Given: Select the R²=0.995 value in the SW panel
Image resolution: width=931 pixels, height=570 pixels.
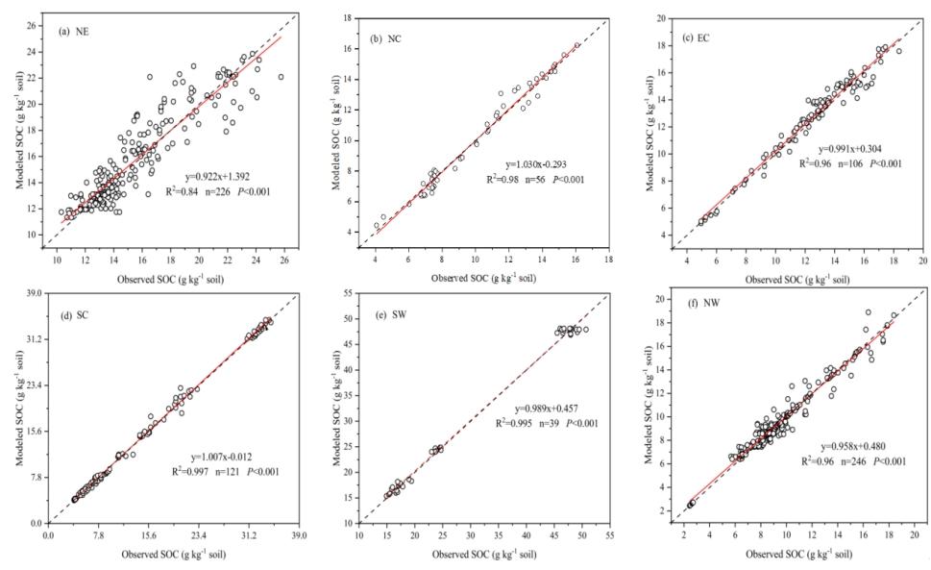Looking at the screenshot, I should coord(519,423).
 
